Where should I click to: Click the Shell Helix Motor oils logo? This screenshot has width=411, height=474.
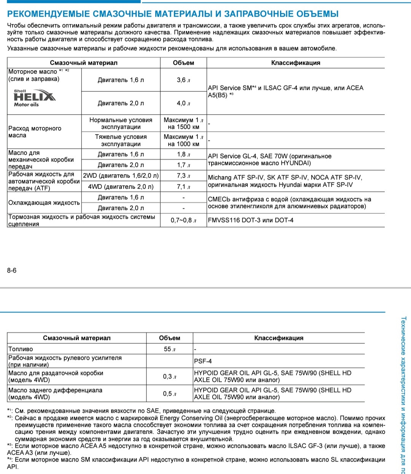click(x=34, y=98)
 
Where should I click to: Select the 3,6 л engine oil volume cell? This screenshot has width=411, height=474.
click(x=183, y=80)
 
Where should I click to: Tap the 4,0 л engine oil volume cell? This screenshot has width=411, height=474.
click(x=183, y=103)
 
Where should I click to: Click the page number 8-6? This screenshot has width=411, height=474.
click(x=12, y=271)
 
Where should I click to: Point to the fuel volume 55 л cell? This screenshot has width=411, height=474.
click(x=169, y=349)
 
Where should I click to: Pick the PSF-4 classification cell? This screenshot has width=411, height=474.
click(x=203, y=361)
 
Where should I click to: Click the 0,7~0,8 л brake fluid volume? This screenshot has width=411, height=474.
click(x=183, y=220)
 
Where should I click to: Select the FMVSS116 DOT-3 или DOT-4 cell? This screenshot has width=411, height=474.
click(x=251, y=220)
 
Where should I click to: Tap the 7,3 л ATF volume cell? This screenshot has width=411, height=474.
click(x=183, y=176)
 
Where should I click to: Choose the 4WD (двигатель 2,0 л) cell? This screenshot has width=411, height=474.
click(x=121, y=186)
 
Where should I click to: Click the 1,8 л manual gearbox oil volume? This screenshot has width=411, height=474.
click(x=183, y=154)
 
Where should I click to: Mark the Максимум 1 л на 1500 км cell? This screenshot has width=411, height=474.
click(x=183, y=123)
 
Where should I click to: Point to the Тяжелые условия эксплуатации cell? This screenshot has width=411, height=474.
click(x=121, y=140)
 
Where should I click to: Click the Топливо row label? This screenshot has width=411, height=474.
click(x=21, y=349)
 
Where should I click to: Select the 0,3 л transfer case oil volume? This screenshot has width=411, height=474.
click(x=169, y=376)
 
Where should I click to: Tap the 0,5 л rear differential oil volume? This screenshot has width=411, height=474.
click(x=169, y=394)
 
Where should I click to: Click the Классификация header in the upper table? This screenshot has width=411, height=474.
click(x=296, y=63)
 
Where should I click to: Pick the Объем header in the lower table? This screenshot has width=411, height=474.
click(x=169, y=338)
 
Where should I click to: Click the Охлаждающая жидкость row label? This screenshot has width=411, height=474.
click(x=44, y=203)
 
